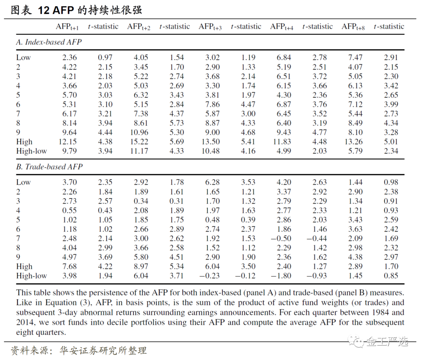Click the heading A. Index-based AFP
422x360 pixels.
click(49, 42)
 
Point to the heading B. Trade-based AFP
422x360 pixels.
click(49, 167)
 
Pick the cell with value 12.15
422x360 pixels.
click(68, 142)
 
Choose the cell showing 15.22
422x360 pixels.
click(139, 142)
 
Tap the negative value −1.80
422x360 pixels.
click(281, 276)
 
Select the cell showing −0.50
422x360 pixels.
click(281, 238)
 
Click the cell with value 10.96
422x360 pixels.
click(139, 132)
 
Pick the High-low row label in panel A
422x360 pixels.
click(31, 151)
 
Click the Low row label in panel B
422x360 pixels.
click(23, 182)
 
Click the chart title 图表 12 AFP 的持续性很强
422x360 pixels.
click(76, 10)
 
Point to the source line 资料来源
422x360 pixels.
click(78, 350)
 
